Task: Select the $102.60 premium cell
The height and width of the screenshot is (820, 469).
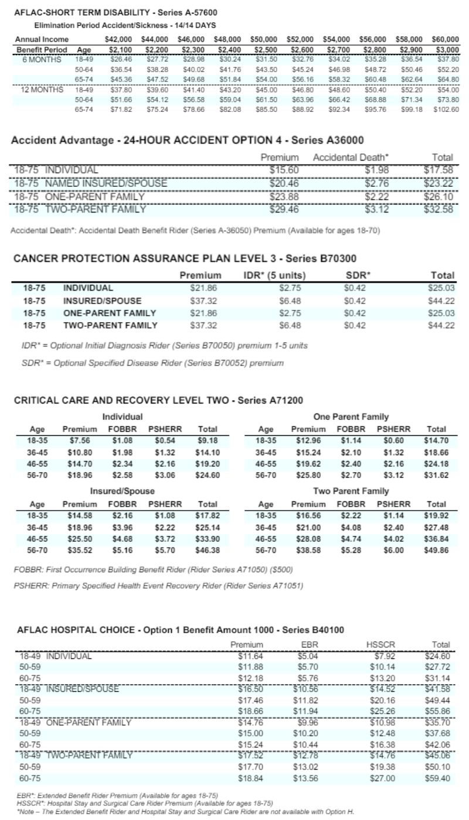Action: (446, 110)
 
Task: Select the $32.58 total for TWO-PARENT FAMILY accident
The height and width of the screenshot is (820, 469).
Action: (439, 209)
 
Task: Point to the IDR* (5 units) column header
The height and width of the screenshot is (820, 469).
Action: (276, 275)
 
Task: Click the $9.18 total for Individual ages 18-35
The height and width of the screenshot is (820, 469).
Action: (208, 441)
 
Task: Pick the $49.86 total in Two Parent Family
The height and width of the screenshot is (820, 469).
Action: (437, 551)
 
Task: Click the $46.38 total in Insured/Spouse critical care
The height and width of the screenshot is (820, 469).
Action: (208, 551)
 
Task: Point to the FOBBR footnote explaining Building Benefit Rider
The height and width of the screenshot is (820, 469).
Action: (153, 569)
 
